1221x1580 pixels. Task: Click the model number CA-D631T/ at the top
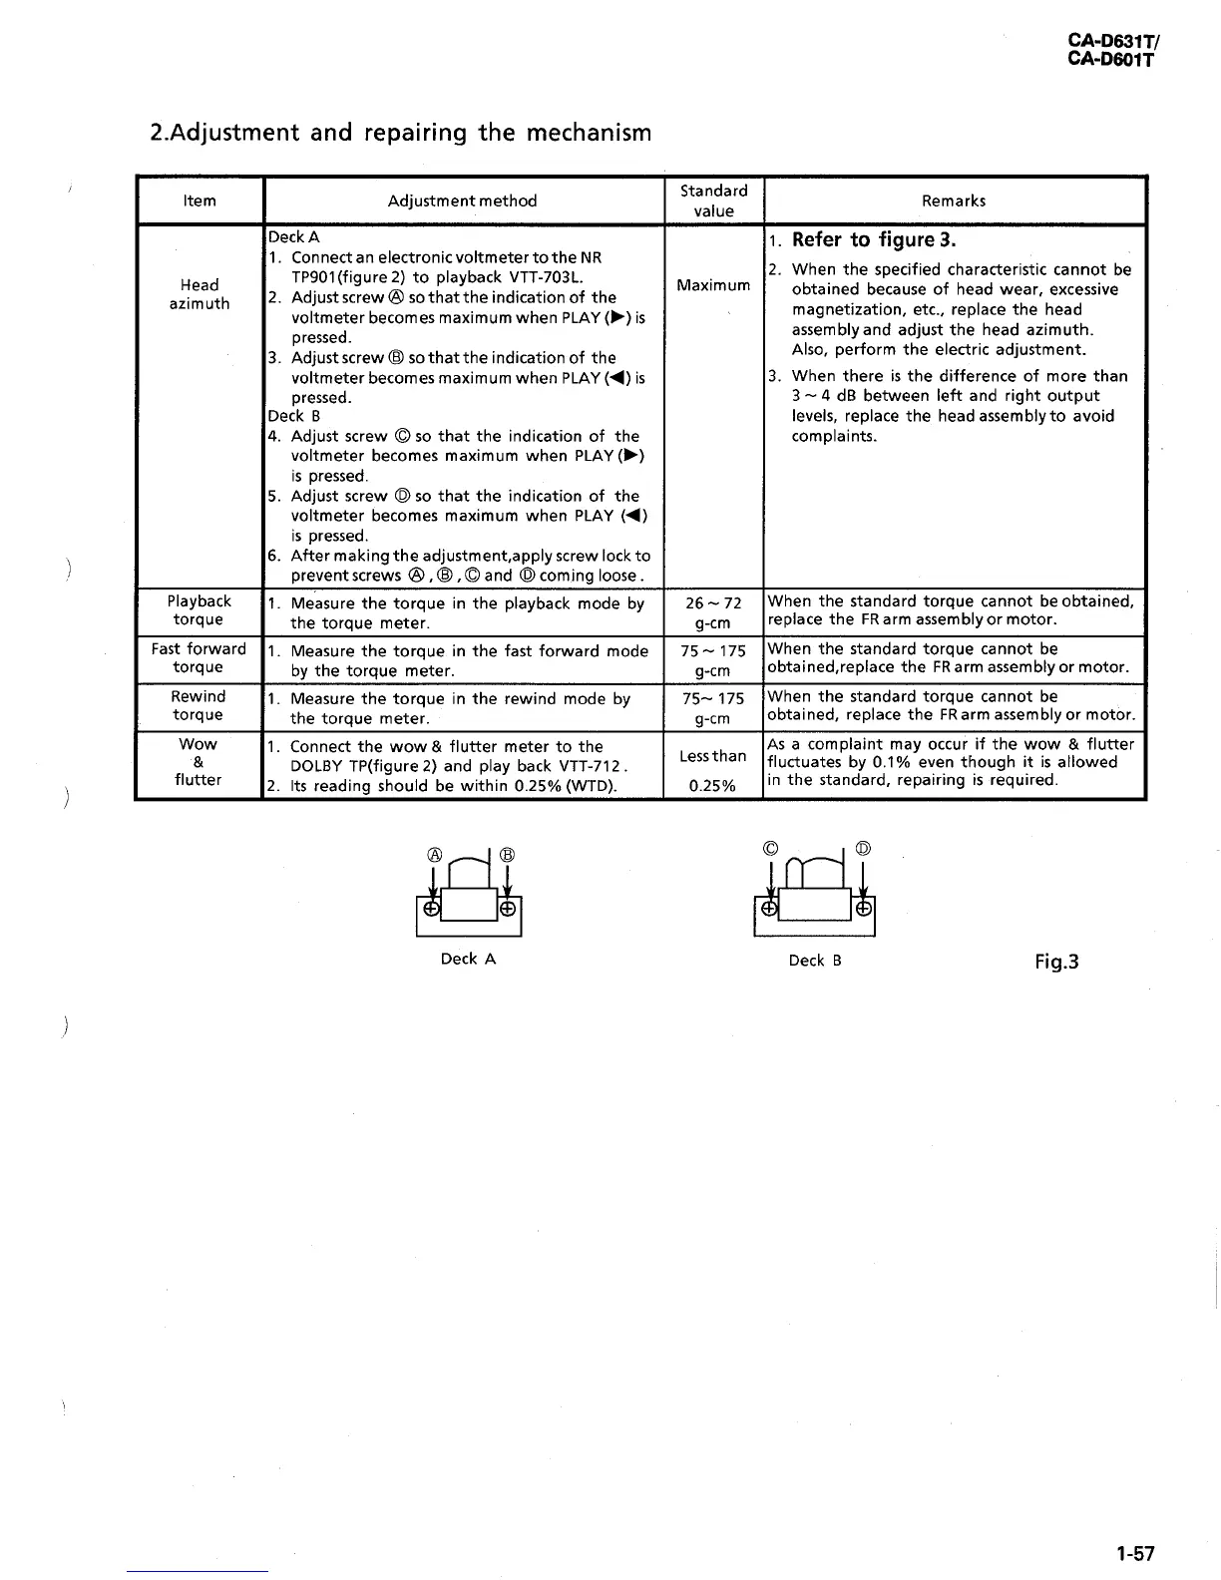pyautogui.click(x=1111, y=42)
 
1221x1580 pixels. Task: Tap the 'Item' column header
pyautogui.click(x=200, y=200)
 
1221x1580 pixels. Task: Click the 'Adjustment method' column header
pyautogui.click(x=462, y=200)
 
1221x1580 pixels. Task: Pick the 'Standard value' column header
pyautogui.click(x=713, y=200)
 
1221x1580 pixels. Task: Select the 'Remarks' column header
pyautogui.click(x=954, y=200)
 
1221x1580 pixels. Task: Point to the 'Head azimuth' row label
pyautogui.click(x=200, y=294)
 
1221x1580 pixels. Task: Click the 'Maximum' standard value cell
pyautogui.click(x=713, y=285)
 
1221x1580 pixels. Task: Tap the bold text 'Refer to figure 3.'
pyautogui.click(x=874, y=239)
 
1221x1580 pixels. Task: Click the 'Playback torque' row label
pyautogui.click(x=199, y=610)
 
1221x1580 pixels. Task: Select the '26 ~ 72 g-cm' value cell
pyautogui.click(x=713, y=612)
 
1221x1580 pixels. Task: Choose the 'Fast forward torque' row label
pyautogui.click(x=199, y=658)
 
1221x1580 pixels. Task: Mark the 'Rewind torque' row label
pyautogui.click(x=199, y=705)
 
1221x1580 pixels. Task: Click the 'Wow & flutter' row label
pyautogui.click(x=198, y=762)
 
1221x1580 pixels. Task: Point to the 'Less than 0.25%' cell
pyautogui.click(x=713, y=770)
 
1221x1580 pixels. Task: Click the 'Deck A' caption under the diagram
pyautogui.click(x=468, y=959)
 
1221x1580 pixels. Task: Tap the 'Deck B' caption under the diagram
pyautogui.click(x=815, y=961)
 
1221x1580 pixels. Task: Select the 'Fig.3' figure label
pyautogui.click(x=1056, y=963)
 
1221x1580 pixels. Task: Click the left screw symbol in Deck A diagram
pyautogui.click(x=430, y=909)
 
